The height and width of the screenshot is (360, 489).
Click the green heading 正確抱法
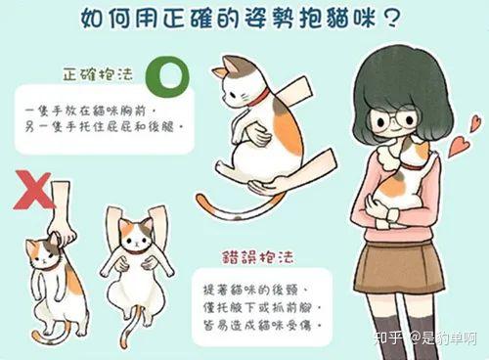tap(98, 74)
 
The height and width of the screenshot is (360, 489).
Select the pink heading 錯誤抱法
tap(258, 257)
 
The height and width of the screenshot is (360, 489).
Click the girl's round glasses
tap(394, 119)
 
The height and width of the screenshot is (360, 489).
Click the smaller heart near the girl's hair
tap(475, 124)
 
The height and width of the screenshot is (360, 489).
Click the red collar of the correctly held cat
tap(259, 98)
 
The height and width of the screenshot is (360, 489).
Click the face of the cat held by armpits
tap(136, 235)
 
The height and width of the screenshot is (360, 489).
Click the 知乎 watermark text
tap(387, 338)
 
